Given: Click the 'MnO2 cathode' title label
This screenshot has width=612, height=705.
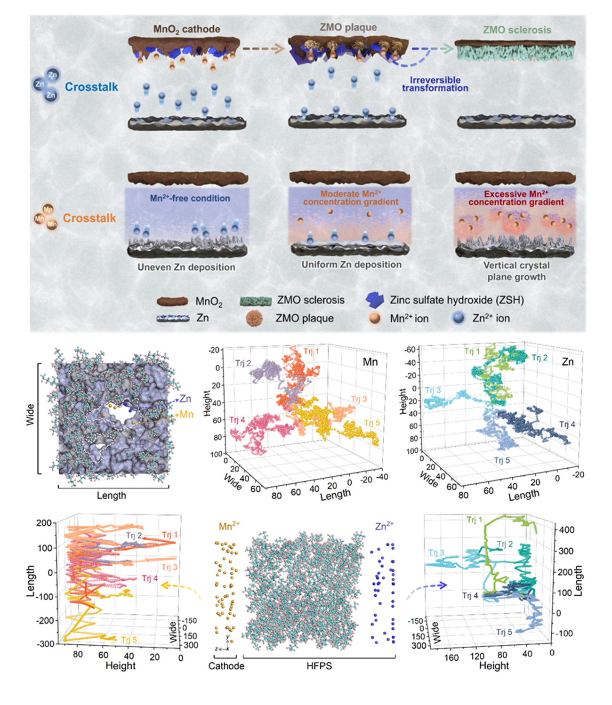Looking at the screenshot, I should tap(186, 29).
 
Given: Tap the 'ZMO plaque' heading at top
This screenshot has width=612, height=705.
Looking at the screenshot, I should tap(348, 27).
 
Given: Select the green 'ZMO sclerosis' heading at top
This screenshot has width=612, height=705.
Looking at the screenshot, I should tap(517, 30).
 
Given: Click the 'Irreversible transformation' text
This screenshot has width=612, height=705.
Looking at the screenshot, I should tap(435, 84).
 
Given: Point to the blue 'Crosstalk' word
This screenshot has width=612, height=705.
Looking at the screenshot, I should tap(91, 87).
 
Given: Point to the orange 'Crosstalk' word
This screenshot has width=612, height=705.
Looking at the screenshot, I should tap(89, 218).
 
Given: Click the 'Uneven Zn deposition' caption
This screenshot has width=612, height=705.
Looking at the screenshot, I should tap(186, 267).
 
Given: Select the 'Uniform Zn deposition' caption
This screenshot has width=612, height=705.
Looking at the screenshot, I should tap(351, 264).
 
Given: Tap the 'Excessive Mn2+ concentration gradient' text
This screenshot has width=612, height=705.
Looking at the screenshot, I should tap(516, 198).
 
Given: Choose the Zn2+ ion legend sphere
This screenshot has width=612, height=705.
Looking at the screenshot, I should tap(458, 318).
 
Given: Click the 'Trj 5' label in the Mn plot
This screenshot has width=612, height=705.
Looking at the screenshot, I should tap(371, 423).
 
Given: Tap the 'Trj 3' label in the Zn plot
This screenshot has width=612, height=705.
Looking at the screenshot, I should tap(433, 390).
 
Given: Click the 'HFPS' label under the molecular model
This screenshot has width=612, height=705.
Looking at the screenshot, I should tap(319, 665).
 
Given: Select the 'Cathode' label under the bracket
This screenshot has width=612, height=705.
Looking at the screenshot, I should tap(226, 665).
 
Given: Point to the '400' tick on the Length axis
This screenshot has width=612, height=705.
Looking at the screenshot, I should tap(565, 529).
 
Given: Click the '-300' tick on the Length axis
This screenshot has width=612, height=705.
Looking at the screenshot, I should tap(45, 643).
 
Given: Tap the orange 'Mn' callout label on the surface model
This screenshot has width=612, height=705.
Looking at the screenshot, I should tap(186, 414).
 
